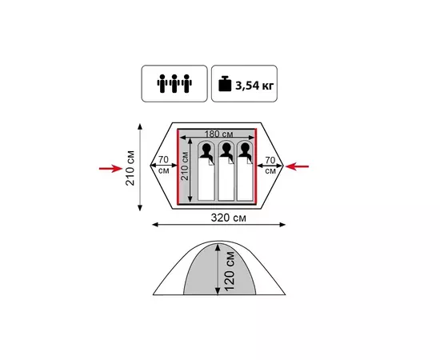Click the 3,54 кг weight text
pos(254,86)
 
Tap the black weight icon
pos(225,84)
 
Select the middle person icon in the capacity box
pos(174,84)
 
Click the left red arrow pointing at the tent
pos(111,168)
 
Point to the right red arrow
pos(297,166)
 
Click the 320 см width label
pos(229,218)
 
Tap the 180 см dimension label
pos(218,134)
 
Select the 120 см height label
pos(230,271)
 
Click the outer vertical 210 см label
pos(130,168)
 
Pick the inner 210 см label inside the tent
pos(184,166)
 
